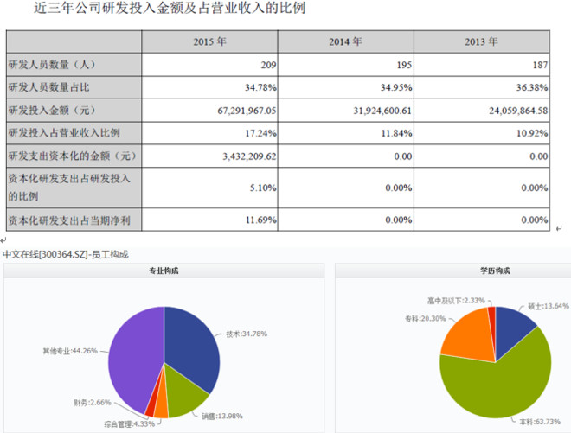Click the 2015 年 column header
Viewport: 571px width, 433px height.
209,41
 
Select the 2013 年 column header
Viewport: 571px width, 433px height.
481,41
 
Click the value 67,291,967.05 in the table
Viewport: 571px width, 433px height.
247,111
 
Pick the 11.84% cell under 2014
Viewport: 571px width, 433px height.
396,134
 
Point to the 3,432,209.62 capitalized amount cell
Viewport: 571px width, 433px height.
249,156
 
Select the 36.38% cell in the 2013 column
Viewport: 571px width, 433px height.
532,87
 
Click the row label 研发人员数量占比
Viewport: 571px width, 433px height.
48,87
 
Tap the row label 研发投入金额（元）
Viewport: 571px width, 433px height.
52,111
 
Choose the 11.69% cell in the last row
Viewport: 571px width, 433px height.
261,220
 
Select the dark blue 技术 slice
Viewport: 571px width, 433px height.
191,346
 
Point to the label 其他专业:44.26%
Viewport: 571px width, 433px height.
70,351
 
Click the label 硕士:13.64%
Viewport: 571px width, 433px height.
549,306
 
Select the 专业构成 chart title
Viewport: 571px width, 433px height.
164,271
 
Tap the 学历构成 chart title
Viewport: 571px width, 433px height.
495,271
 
